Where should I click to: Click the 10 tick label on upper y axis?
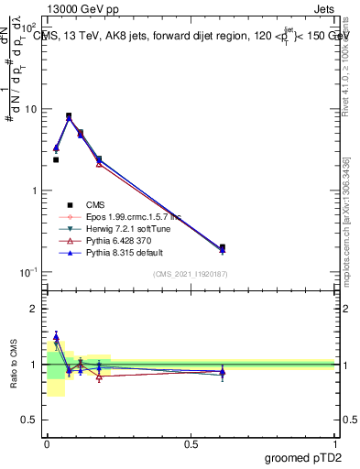click(x=31, y=109)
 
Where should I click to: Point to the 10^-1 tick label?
click(x=28, y=272)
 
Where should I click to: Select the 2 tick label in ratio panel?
click(x=36, y=309)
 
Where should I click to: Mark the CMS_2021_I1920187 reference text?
click(x=191, y=275)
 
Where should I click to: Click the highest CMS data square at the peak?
click(x=69, y=116)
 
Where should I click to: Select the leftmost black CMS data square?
click(x=56, y=159)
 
